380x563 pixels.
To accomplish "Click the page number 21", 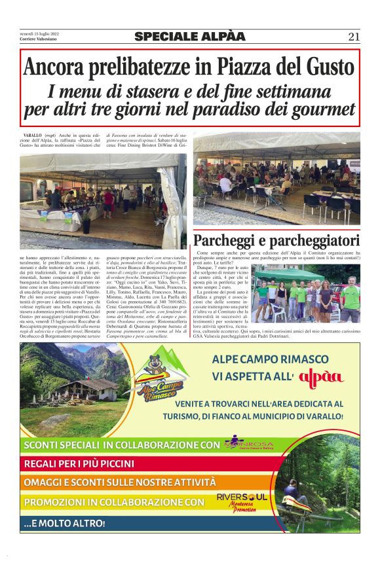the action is point(354,37).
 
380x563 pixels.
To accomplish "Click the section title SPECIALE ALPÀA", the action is point(190,37).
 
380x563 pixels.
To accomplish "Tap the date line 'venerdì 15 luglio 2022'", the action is point(39,33).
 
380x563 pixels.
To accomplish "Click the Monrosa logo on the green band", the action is point(252,445).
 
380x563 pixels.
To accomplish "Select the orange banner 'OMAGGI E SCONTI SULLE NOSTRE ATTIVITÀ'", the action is point(117,483).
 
